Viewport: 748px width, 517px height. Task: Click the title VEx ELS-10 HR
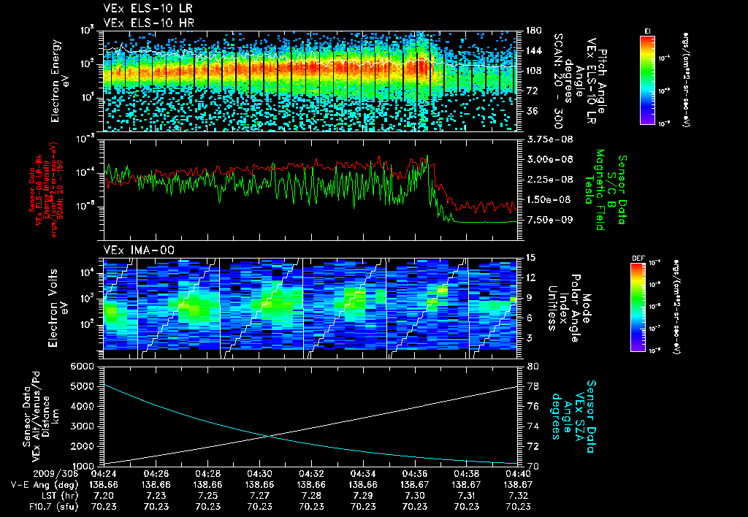(x=141, y=23)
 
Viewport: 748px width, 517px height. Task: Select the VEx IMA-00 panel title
(x=139, y=250)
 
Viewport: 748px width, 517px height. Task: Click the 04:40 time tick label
(x=518, y=473)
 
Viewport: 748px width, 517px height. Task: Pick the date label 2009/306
(x=28, y=473)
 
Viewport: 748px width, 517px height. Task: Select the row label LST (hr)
(x=49, y=495)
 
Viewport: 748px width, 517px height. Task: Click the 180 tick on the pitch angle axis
(x=533, y=31)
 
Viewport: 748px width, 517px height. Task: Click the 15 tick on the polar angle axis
(x=530, y=258)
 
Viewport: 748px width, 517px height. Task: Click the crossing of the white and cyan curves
(x=268, y=436)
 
